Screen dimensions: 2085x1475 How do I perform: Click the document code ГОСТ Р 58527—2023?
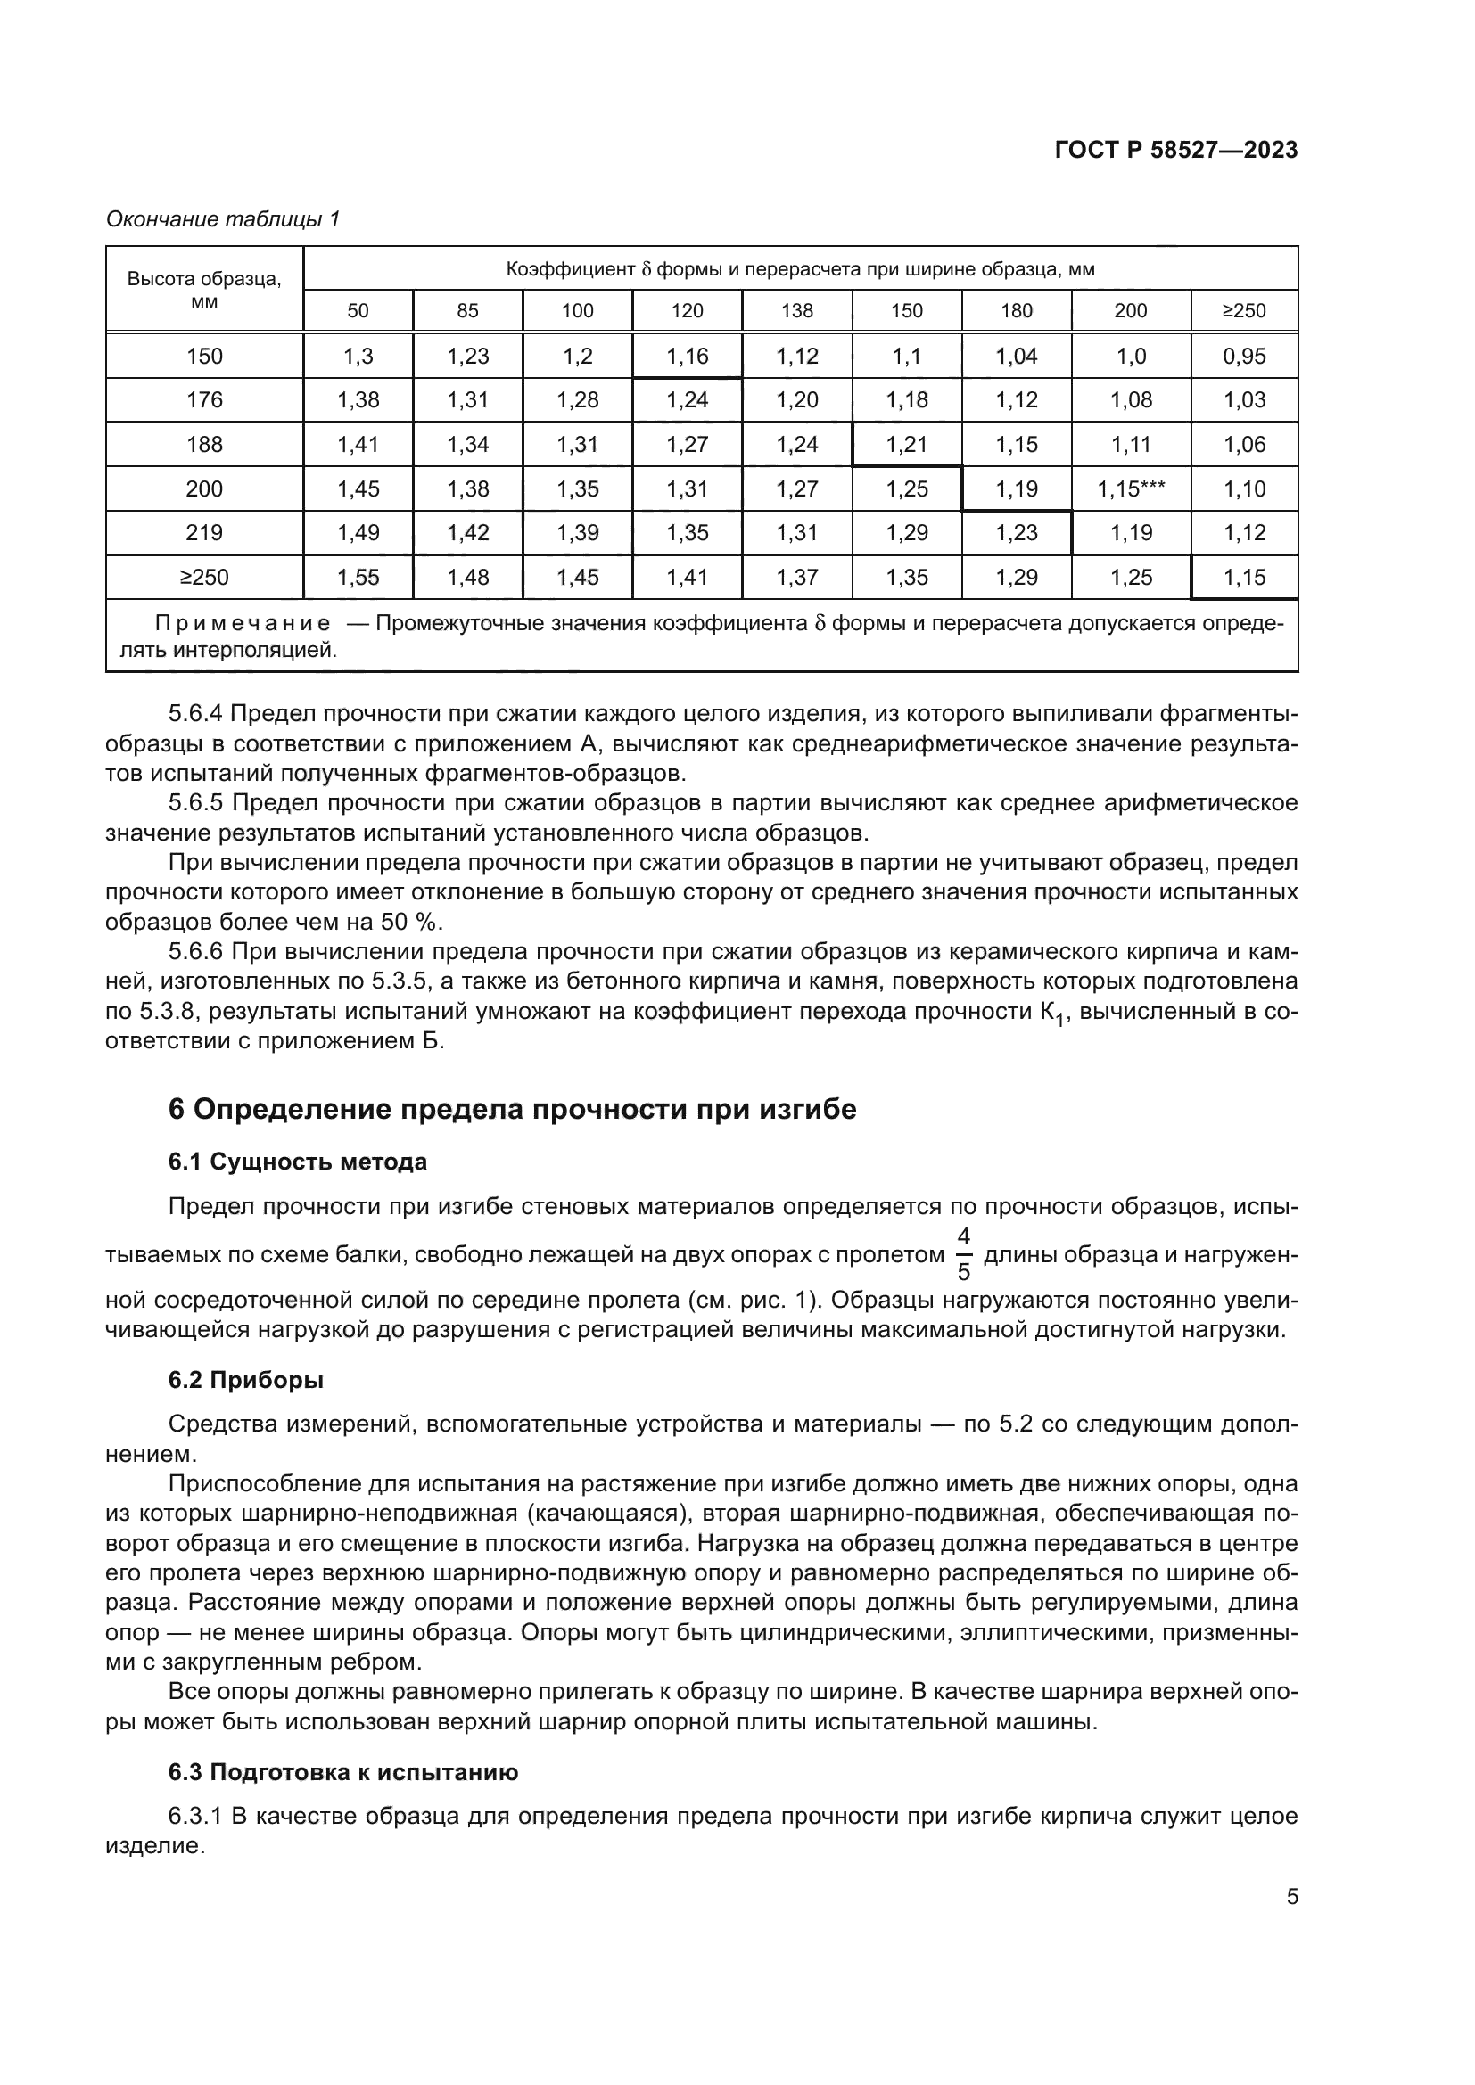pyautogui.click(x=1175, y=151)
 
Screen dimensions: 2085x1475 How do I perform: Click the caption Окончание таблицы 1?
pyautogui.click(x=223, y=219)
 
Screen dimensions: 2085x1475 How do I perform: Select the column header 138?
pyautogui.click(x=796, y=310)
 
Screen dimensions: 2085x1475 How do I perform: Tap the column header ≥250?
pyautogui.click(x=1243, y=310)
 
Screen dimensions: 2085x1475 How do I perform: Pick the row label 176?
pyautogui.click(x=204, y=399)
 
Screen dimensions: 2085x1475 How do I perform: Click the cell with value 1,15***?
pyautogui.click(x=1131, y=488)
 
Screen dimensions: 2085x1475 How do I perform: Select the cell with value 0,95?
pyautogui.click(x=1243, y=356)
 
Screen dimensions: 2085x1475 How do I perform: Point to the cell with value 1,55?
pyautogui.click(x=358, y=578)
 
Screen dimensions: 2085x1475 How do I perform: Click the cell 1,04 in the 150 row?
pyautogui.click(x=1017, y=356)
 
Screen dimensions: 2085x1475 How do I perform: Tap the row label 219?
pyautogui.click(x=204, y=533)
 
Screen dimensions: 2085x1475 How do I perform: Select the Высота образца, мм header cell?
pyautogui.click(x=204, y=289)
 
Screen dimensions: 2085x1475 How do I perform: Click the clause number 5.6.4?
pyautogui.click(x=195, y=714)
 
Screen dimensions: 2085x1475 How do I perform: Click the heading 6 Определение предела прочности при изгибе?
pyautogui.click(x=512, y=1110)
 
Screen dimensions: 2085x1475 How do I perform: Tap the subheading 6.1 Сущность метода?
pyautogui.click(x=298, y=1162)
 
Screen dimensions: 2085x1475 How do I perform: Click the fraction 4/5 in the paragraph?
pyautogui.click(x=964, y=1254)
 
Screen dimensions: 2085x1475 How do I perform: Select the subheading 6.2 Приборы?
pyautogui.click(x=245, y=1380)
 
